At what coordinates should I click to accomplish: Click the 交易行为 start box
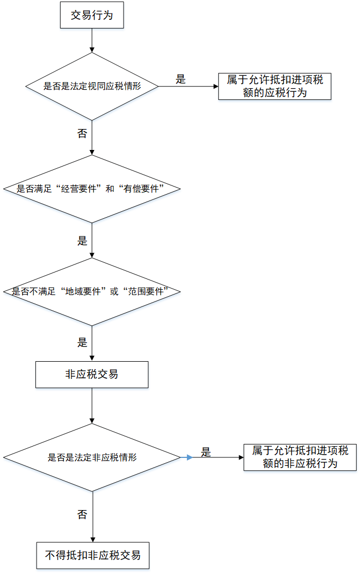tap(92, 16)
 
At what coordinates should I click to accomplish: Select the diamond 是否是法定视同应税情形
tap(92, 86)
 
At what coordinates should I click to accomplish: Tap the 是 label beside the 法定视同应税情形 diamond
tap(181, 80)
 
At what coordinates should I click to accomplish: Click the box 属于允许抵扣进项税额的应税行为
tap(275, 86)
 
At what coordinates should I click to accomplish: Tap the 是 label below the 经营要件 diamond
tap(82, 241)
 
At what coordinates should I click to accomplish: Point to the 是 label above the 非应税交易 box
tap(82, 342)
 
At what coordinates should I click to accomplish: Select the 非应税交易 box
tap(92, 374)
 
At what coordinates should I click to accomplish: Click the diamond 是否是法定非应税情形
tap(92, 457)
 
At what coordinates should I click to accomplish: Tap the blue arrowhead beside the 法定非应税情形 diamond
tap(189, 457)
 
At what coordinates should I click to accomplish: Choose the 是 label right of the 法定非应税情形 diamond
tap(206, 452)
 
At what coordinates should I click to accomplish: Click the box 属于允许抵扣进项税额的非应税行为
tap(300, 457)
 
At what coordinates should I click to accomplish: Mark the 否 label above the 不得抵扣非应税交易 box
tap(82, 515)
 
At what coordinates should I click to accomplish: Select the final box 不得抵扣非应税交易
tap(92, 555)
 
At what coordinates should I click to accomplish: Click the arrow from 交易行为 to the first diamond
tap(92, 40)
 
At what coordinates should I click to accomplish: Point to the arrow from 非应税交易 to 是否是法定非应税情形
tap(92, 405)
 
